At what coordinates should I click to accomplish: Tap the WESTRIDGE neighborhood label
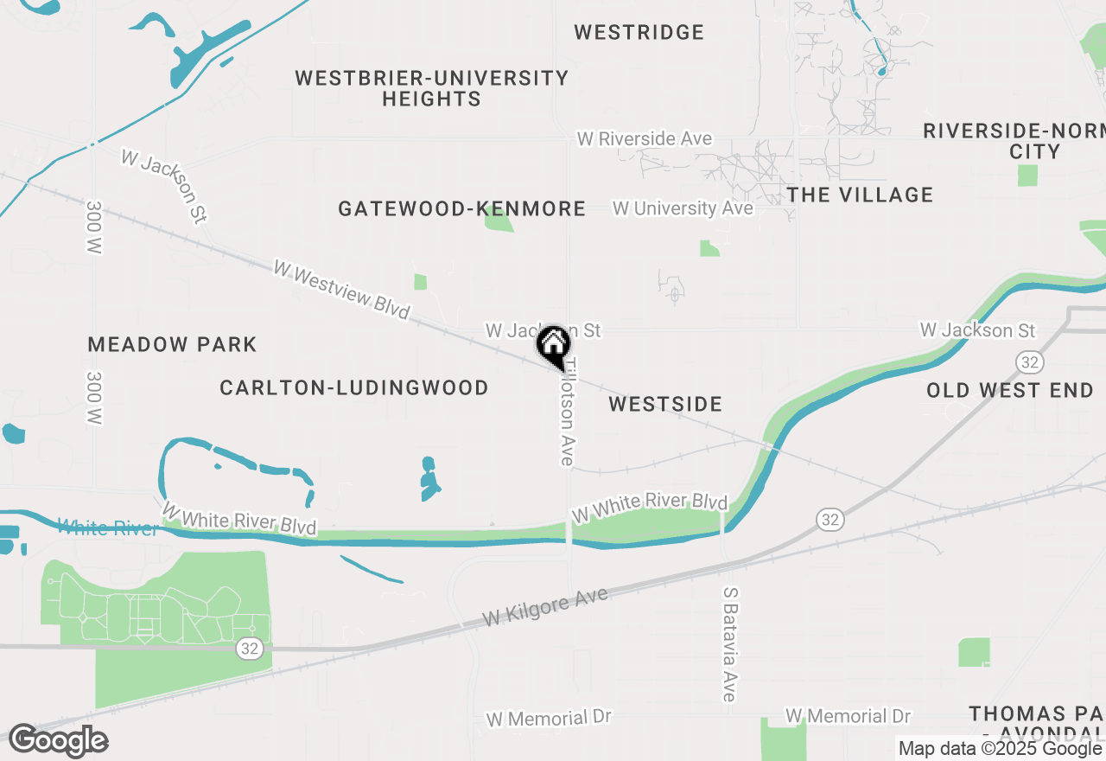point(639,33)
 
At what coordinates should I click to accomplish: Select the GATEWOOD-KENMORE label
point(461,209)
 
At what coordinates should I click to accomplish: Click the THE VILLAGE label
point(860,195)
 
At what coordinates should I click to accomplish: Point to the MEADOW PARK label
point(173,345)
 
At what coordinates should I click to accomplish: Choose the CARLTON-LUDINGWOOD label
point(354,387)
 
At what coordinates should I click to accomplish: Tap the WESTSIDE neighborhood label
point(665,404)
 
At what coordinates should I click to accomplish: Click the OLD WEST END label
point(1010,390)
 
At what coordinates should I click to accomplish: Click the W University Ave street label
point(683,208)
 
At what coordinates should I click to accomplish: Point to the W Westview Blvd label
point(341,290)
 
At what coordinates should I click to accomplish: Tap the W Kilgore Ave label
point(545,607)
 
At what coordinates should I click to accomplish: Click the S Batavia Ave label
point(730,644)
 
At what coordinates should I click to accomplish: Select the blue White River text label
point(108,528)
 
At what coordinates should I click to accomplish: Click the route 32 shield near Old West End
point(1028,361)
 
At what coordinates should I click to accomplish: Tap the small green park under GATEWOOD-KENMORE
point(499,220)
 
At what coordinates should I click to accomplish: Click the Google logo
point(58,741)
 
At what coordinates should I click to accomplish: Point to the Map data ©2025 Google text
point(1000,748)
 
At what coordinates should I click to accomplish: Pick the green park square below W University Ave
point(709,249)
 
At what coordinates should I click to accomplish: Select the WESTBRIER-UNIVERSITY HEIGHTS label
point(431,88)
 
